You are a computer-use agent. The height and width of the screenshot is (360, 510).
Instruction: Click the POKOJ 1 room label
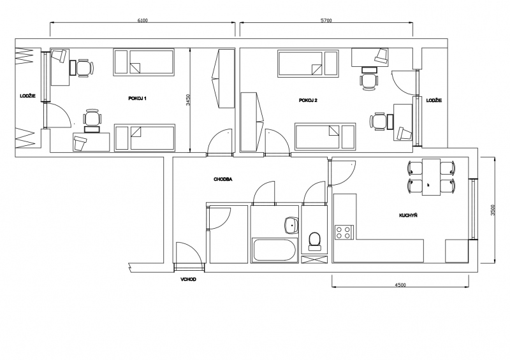tap(137, 99)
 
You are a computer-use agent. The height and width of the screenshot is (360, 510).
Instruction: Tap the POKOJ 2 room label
tap(308, 101)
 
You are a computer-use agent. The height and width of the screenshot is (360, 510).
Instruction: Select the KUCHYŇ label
tap(408, 215)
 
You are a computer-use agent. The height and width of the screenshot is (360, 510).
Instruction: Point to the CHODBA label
tap(222, 179)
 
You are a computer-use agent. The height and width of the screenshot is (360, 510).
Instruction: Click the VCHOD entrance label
tap(188, 279)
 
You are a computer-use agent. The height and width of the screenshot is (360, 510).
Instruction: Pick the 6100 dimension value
tap(142, 20)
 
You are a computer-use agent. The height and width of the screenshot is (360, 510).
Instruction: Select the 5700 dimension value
tap(326, 20)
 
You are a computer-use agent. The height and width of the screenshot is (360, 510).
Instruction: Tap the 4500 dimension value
tap(400, 285)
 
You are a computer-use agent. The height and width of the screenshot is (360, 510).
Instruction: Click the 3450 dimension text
tap(187, 100)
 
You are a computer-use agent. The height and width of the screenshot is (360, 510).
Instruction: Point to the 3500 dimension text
tap(493, 210)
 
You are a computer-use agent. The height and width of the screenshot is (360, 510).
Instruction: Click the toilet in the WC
tap(314, 241)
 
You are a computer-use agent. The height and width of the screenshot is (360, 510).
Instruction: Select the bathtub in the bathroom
tap(274, 250)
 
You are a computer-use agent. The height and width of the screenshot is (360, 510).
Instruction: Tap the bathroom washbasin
tap(291, 225)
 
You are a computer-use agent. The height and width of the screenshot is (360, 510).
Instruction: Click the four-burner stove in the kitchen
tap(344, 233)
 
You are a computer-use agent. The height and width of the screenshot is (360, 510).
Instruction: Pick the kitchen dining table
tap(432, 177)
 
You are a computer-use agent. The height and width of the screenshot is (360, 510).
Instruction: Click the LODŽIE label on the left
tap(27, 96)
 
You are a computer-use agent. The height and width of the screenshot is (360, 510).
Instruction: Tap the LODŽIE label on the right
tap(434, 101)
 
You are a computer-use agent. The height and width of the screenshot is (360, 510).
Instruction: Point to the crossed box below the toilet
tap(314, 259)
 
